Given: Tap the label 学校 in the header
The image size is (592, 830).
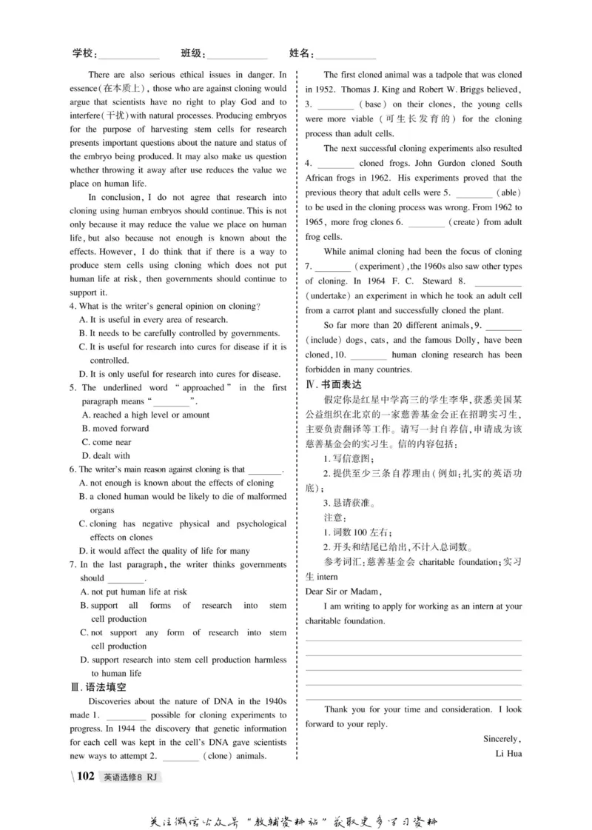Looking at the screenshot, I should pyautogui.click(x=84, y=53).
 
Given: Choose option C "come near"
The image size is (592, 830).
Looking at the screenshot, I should pyautogui.click(x=111, y=442).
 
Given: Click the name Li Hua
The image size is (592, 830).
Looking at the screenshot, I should pyautogui.click(x=508, y=753).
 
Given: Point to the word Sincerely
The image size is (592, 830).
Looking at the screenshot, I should pyautogui.click(x=502, y=738).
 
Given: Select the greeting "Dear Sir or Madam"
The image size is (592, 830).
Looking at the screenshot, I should pyautogui.click(x=343, y=591).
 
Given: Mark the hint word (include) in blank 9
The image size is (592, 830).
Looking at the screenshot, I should pyautogui.click(x=326, y=340).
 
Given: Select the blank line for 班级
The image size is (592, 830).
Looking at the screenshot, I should pyautogui.click(x=237, y=56).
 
